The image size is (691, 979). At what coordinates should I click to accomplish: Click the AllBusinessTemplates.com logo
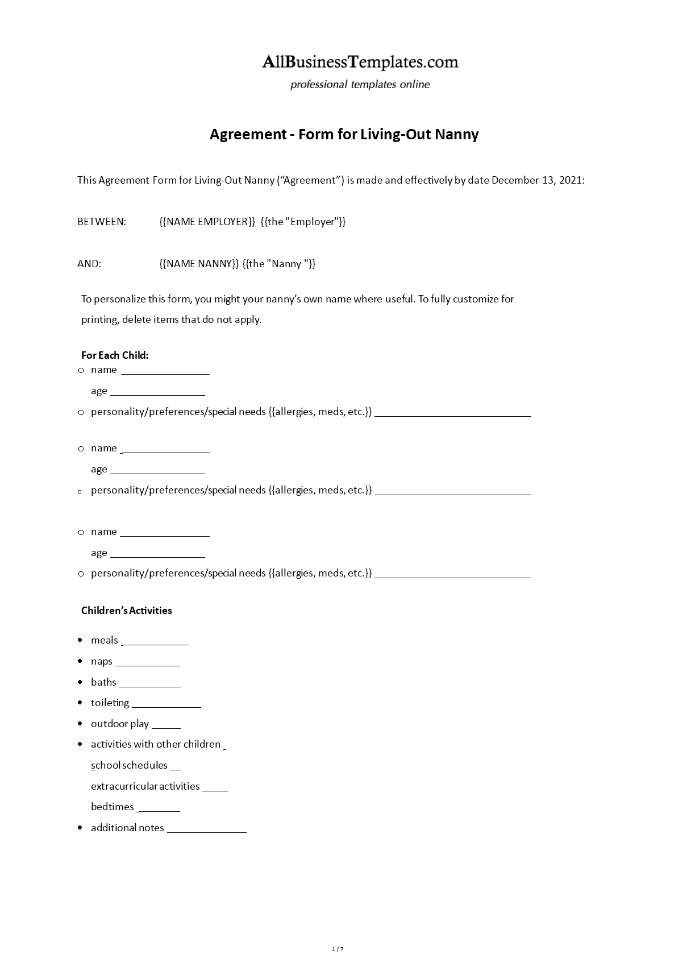(360, 62)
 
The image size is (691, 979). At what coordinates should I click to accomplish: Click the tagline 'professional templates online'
(360, 85)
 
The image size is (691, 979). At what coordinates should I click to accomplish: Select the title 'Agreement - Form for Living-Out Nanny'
(344, 134)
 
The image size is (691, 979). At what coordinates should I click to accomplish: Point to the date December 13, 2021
(537, 180)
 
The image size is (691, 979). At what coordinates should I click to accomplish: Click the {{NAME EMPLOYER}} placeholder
(207, 222)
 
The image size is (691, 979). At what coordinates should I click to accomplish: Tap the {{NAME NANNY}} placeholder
(199, 264)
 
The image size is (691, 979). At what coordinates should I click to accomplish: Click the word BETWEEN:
(102, 222)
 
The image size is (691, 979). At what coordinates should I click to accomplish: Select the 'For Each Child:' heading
(115, 355)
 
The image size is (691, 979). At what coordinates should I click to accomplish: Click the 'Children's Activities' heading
(127, 611)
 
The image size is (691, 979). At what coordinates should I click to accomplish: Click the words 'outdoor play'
(120, 724)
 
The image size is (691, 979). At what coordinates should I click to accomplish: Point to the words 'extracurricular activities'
(145, 786)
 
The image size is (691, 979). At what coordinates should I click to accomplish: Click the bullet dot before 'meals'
(80, 640)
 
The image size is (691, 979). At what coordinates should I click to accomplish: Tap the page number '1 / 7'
(338, 949)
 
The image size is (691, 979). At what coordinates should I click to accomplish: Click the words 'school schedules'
(130, 765)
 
